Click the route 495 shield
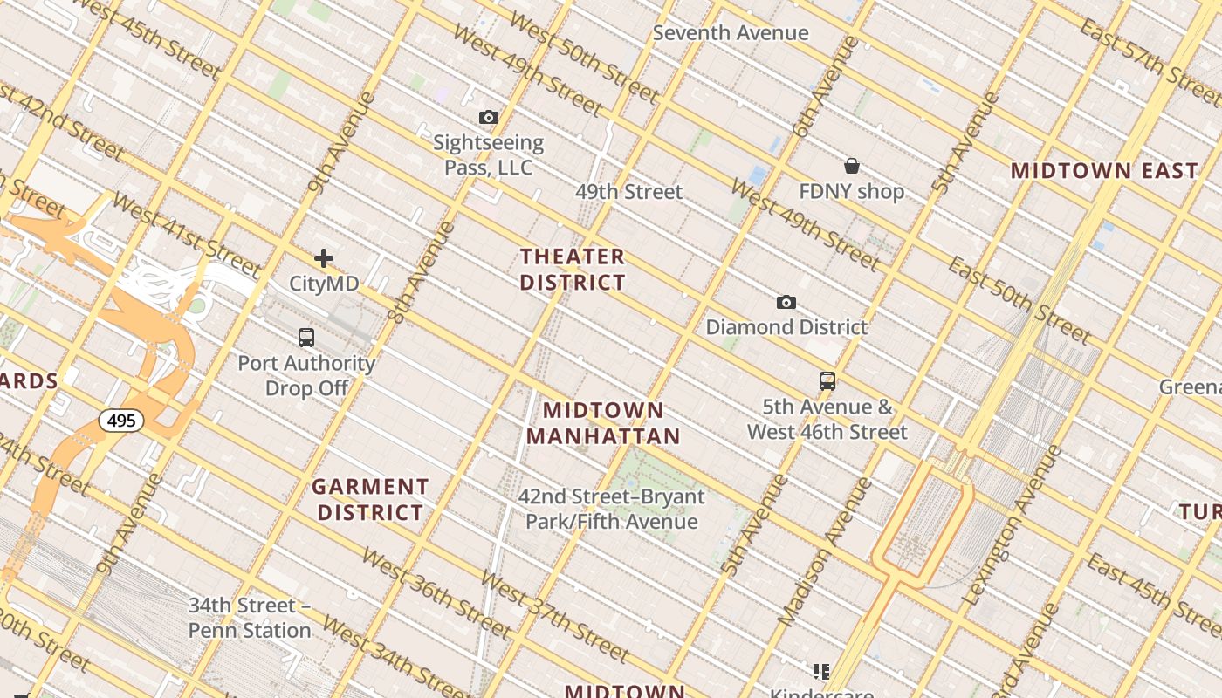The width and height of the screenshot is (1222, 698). [121, 421]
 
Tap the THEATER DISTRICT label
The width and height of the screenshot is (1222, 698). [573, 270]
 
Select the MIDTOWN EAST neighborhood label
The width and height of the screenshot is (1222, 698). [1104, 171]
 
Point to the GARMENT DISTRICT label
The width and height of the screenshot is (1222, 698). [370, 499]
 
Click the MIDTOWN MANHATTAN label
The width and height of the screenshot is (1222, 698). [603, 423]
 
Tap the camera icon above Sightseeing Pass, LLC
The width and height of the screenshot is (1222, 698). [489, 117]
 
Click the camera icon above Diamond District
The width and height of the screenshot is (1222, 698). [786, 302]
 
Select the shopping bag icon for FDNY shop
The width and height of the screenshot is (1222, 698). [851, 166]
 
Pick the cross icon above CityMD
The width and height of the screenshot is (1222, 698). [324, 257]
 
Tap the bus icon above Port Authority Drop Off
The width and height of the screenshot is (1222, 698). [305, 337]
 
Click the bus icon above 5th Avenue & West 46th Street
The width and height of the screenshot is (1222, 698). [827, 380]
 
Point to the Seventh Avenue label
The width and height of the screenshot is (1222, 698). [731, 33]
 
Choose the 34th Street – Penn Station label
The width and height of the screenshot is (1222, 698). [250, 618]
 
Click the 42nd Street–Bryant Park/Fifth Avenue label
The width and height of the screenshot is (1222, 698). [611, 510]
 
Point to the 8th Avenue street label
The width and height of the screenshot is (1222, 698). [421, 273]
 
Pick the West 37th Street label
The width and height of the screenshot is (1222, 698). [553, 616]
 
